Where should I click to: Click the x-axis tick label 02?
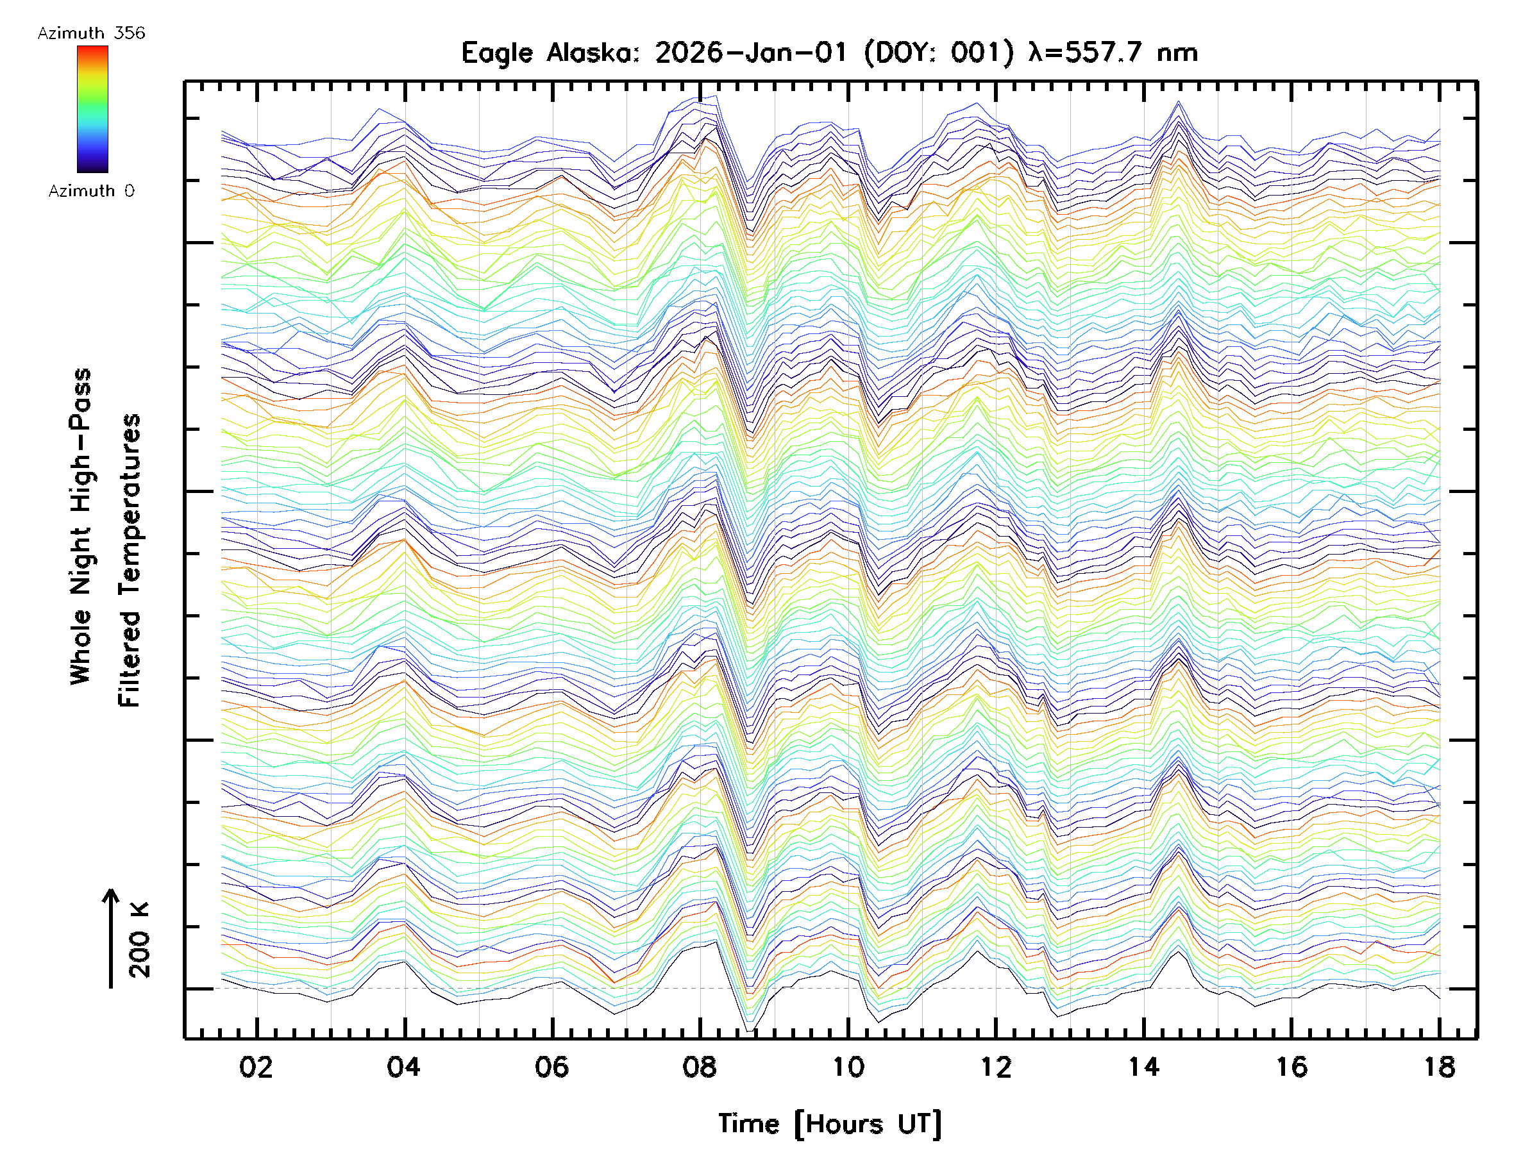[x=256, y=1066]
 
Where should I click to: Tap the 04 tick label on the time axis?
[x=403, y=1066]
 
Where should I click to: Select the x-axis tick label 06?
[x=551, y=1066]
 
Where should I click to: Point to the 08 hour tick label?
[x=699, y=1066]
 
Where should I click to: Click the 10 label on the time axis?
[x=848, y=1066]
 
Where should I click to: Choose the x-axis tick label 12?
[x=996, y=1066]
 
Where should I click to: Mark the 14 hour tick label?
[x=1144, y=1066]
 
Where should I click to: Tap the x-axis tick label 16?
[x=1291, y=1066]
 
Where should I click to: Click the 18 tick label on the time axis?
[x=1439, y=1066]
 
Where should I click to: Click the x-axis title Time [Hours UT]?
[x=829, y=1123]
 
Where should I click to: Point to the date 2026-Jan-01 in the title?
[x=751, y=53]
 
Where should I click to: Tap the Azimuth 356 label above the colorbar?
[x=91, y=33]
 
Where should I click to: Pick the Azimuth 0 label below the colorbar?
[x=91, y=190]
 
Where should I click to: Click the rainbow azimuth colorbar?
[x=92, y=109]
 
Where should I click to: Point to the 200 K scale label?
[x=140, y=940]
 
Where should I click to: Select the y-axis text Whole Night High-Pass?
[x=81, y=526]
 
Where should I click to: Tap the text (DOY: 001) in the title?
[x=939, y=53]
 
